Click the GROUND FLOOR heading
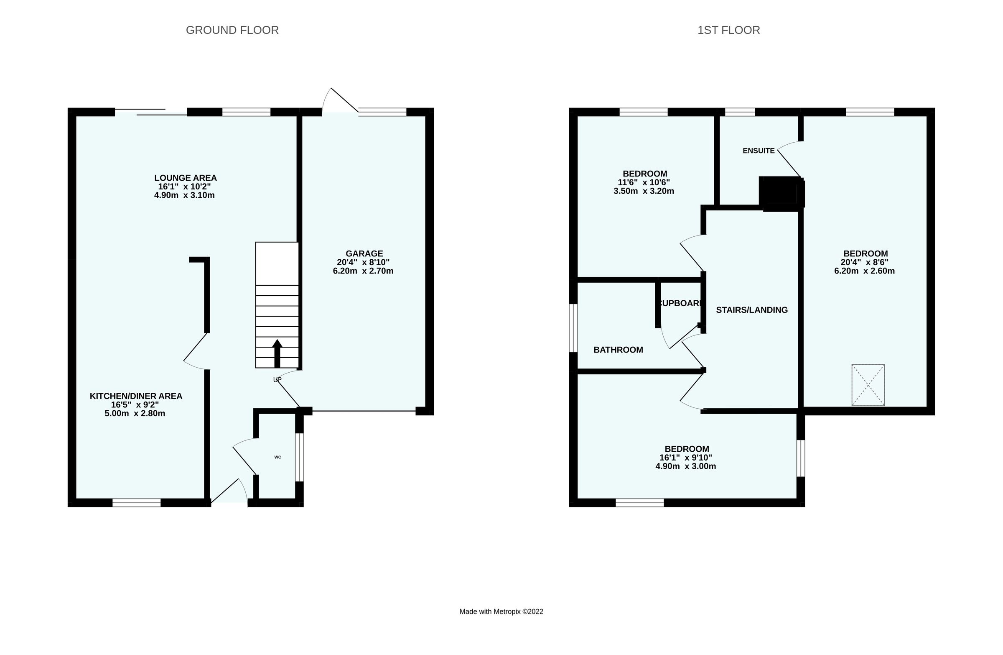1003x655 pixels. coord(232,31)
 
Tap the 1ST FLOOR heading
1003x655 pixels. coord(729,31)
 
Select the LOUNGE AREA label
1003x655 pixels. coord(186,178)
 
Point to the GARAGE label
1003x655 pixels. coord(364,253)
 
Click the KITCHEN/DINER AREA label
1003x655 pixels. coord(136,396)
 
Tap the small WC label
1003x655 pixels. coord(278,457)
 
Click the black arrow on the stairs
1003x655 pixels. coord(277,353)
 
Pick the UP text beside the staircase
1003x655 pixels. coord(277,380)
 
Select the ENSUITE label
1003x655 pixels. coord(759,151)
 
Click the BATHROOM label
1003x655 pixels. coord(618,350)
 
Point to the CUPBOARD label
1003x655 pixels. coord(680,303)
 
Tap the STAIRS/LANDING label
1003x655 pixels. coord(752,310)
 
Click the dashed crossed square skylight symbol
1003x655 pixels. coord(868,385)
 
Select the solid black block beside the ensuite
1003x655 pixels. coord(781,193)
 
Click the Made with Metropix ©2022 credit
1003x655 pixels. coord(501,612)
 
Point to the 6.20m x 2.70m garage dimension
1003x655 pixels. coord(363,271)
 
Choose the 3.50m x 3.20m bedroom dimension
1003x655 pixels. coord(644,191)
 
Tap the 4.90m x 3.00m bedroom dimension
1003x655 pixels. coord(686,466)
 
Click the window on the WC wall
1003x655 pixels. coord(299,457)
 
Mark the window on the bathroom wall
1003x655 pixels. coord(573,328)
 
